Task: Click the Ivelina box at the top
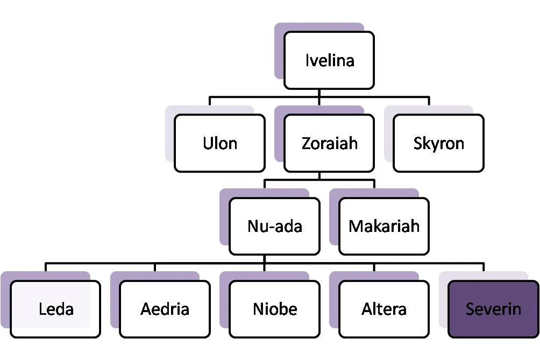(329, 60)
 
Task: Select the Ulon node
(219, 143)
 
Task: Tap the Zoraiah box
(329, 143)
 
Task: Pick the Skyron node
(438, 143)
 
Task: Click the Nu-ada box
(274, 226)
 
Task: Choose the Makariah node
(383, 226)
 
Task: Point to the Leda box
(55, 309)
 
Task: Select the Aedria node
(165, 309)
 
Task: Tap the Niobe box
(274, 309)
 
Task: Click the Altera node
(383, 309)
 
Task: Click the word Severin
(493, 309)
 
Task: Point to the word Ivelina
(330, 60)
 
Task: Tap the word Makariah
(383, 225)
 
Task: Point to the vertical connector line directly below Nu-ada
(264, 259)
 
